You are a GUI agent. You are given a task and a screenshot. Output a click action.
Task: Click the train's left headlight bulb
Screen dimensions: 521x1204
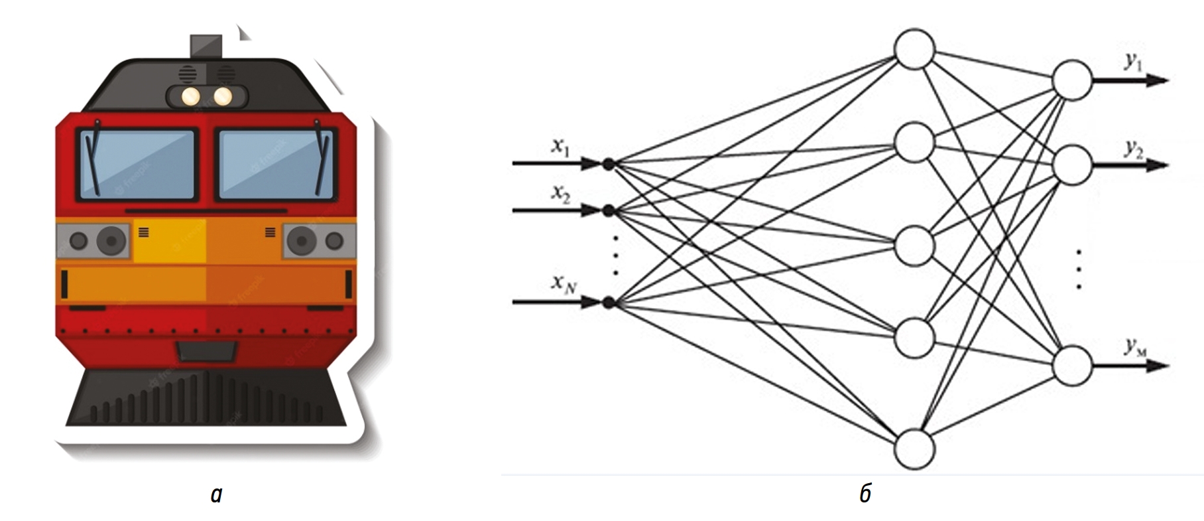click(x=191, y=97)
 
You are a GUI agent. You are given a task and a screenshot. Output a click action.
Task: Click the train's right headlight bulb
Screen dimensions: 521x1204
click(x=223, y=97)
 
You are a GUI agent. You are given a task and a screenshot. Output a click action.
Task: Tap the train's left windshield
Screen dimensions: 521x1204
click(x=138, y=164)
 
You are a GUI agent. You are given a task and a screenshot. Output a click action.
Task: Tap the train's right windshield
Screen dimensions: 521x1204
click(x=274, y=164)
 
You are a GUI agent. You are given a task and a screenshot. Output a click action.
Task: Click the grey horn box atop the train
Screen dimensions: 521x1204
click(x=206, y=47)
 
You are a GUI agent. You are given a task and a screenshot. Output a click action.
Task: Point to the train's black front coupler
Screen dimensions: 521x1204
click(x=206, y=352)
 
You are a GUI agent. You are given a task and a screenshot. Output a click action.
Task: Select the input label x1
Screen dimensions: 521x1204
click(x=561, y=147)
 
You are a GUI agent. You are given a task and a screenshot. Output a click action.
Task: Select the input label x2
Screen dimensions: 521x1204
click(x=561, y=194)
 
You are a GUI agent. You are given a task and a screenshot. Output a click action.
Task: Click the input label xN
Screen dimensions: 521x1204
click(x=564, y=284)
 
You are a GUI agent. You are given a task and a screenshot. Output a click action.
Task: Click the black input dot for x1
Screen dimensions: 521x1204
click(x=609, y=163)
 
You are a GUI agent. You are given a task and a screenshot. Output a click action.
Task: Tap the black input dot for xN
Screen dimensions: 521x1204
click(x=609, y=303)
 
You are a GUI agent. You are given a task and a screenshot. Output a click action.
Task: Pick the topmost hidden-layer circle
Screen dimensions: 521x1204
click(x=914, y=48)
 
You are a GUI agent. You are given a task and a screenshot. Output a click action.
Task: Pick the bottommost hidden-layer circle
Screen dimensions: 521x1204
click(x=914, y=449)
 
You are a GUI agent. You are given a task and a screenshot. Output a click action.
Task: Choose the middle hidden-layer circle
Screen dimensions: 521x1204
click(x=914, y=244)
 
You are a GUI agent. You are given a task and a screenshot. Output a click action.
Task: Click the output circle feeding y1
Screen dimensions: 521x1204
click(x=1072, y=80)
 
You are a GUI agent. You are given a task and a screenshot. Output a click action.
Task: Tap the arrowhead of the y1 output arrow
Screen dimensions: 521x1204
click(x=1156, y=81)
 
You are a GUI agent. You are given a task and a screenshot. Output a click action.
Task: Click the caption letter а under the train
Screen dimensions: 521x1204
click(x=216, y=494)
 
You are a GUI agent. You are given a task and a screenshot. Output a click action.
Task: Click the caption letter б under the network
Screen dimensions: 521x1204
click(x=865, y=494)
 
